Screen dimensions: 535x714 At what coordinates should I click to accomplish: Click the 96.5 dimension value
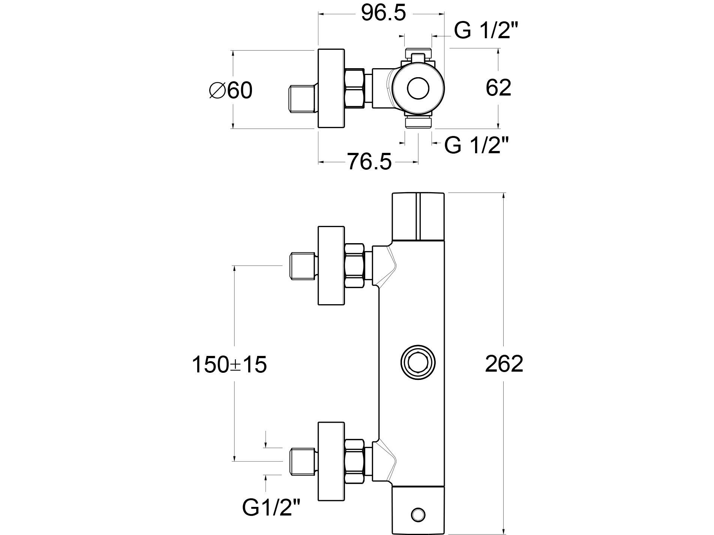point(383,14)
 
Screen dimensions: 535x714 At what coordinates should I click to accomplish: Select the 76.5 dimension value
point(369,162)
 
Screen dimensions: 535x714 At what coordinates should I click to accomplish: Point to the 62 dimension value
point(498,88)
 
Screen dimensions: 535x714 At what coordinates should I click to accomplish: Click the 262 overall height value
point(504,364)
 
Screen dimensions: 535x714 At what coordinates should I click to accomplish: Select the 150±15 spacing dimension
point(229,365)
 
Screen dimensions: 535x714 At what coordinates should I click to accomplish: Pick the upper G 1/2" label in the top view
point(483,30)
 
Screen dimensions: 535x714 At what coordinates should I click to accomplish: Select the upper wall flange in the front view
point(331,265)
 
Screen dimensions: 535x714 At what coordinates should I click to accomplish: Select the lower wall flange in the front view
point(331,461)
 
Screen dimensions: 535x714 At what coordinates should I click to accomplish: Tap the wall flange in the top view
point(331,89)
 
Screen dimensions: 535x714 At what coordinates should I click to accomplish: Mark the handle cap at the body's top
point(418,216)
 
